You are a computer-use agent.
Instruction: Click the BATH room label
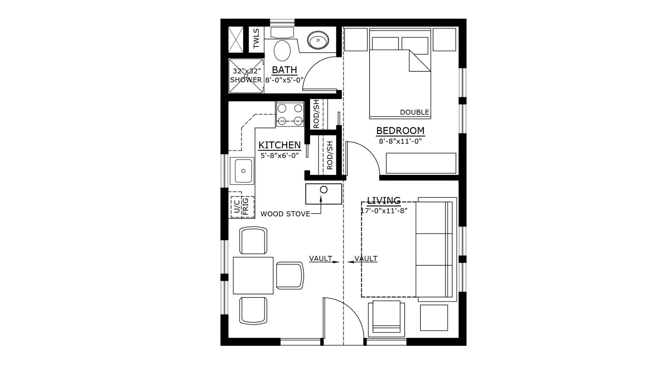[x=284, y=70]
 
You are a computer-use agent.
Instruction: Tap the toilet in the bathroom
[x=282, y=51]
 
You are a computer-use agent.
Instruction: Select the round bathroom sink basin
[x=318, y=41]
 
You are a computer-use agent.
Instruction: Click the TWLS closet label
[x=256, y=38]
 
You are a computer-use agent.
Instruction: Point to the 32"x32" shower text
[x=246, y=71]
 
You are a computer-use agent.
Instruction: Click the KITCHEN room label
[x=280, y=145]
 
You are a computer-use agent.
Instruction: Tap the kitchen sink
[x=243, y=171]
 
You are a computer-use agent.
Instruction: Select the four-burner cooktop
[x=290, y=114]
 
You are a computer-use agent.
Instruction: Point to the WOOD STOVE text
[x=285, y=214]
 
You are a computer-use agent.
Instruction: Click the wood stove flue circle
[x=323, y=190]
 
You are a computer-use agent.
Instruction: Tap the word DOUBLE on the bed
[x=414, y=112]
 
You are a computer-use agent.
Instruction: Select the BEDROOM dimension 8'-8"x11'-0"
[x=400, y=141]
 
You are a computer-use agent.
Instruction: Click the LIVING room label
[x=384, y=201]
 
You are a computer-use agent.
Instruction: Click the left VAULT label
[x=320, y=258]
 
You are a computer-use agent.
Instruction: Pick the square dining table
[x=253, y=276]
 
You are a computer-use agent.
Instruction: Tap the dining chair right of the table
[x=290, y=276]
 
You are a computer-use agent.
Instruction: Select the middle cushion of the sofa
[x=433, y=249]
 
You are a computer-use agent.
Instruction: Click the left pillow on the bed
[x=385, y=44]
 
